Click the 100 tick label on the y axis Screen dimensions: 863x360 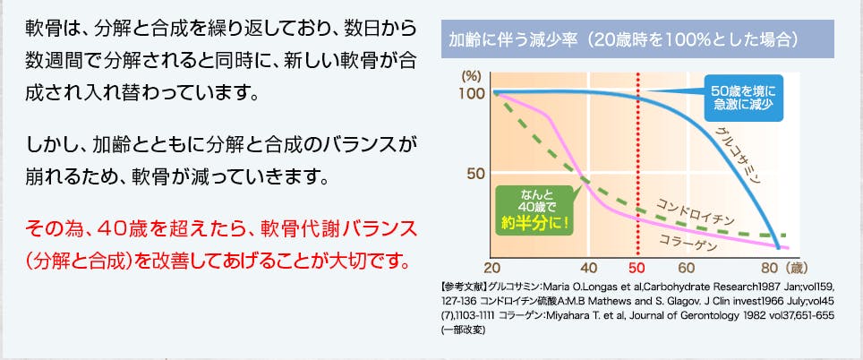(x=472, y=93)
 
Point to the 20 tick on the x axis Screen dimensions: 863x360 (x=492, y=269)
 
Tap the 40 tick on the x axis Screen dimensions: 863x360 (x=589, y=269)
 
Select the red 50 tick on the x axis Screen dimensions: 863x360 (x=638, y=269)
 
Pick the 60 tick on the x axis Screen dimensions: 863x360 (x=687, y=269)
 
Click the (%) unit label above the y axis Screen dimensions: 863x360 (x=471, y=76)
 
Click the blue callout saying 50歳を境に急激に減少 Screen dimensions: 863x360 (x=744, y=98)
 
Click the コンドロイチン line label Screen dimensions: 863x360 (x=695, y=213)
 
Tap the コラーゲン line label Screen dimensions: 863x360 (x=688, y=243)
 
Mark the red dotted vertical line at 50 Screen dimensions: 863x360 (x=638, y=165)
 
